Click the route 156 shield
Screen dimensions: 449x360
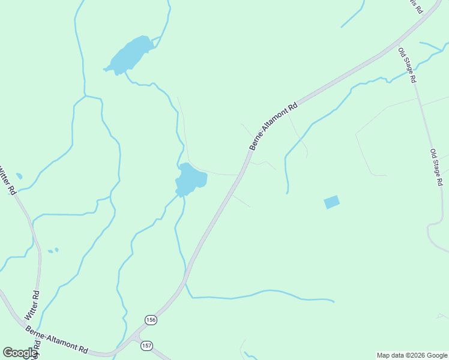(150, 320)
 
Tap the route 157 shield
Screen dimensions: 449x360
(147, 345)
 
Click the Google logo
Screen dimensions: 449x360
(20, 353)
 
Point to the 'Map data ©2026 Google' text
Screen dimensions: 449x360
(412, 355)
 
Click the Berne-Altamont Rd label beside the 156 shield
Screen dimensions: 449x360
(57, 339)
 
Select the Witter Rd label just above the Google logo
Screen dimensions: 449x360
(32, 305)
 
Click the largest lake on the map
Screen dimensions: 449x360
(128, 55)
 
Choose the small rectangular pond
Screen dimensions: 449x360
(331, 202)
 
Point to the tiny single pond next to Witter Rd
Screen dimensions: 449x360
(19, 176)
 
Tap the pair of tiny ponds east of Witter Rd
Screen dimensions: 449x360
(53, 250)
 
